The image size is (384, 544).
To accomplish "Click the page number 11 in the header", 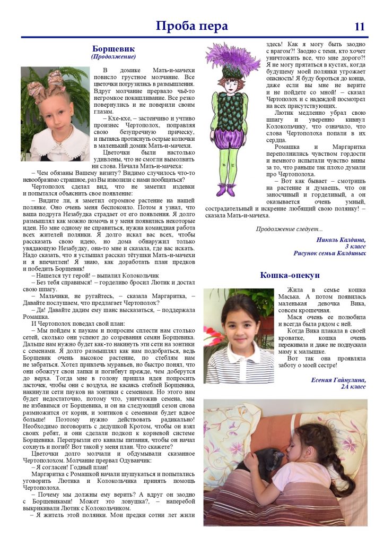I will (359, 27).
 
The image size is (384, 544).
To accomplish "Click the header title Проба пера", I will (191, 26).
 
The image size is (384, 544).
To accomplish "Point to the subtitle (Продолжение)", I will (114, 56).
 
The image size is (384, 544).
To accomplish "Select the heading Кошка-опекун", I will (290, 275).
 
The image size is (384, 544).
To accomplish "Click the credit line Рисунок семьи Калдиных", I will (329, 253).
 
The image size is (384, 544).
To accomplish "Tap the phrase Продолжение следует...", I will (289, 229).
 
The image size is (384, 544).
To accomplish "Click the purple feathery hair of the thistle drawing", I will (232, 56).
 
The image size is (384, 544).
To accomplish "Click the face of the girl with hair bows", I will (54, 106).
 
